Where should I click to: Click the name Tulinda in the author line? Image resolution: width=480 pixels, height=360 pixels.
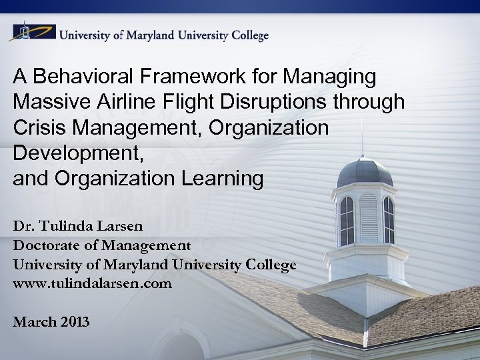point(69,226)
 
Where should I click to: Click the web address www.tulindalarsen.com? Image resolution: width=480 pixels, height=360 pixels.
point(92,283)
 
